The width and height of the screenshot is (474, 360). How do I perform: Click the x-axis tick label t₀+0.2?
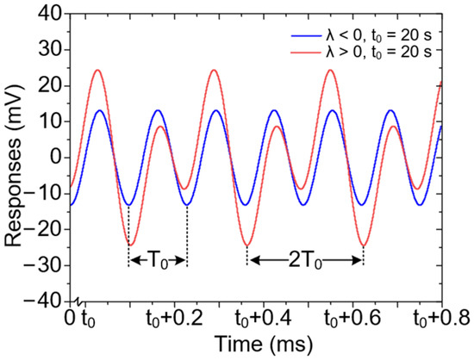coord(187,320)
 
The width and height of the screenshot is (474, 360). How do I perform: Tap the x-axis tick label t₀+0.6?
coord(361,320)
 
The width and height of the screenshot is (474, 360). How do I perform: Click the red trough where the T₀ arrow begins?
coord(129,245)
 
